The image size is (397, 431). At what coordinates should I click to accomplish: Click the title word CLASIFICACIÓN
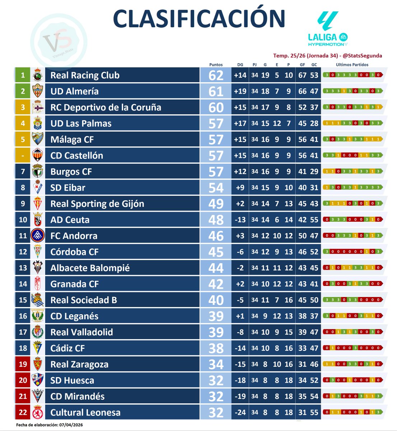(199, 19)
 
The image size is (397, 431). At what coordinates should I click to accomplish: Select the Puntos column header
(216, 65)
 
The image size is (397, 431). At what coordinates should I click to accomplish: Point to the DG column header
(240, 65)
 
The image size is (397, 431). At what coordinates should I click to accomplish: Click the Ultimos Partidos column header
(352, 65)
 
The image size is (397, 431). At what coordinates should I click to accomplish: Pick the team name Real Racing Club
(85, 75)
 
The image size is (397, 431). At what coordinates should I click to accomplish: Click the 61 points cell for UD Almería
(216, 92)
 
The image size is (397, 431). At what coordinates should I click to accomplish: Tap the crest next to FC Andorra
(38, 236)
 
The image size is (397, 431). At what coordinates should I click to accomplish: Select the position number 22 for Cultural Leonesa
(23, 412)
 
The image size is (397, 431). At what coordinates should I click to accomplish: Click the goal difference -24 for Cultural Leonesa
(240, 412)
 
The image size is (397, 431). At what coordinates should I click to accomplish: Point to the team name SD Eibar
(68, 188)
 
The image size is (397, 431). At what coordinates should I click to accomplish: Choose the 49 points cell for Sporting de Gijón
(216, 204)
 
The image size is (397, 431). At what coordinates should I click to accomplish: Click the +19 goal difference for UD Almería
(240, 92)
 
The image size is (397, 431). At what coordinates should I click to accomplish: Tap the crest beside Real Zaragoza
(38, 364)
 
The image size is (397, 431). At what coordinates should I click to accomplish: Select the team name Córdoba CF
(74, 252)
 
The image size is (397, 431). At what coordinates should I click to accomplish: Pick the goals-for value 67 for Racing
(302, 75)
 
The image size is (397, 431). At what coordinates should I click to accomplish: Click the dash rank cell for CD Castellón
(23, 156)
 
